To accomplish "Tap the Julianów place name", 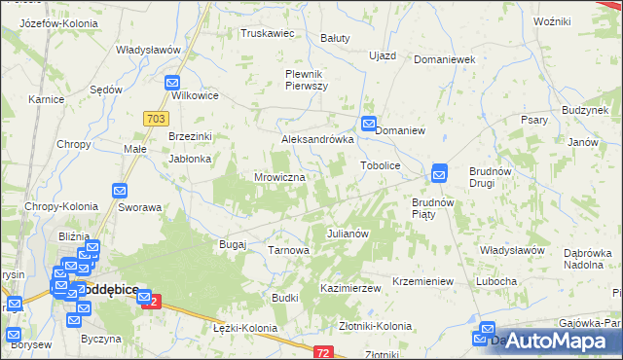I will (347, 234).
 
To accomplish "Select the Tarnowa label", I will (288, 250).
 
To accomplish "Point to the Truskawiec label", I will (268, 32).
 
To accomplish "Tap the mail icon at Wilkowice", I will (173, 84).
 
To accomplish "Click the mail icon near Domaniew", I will (369, 124).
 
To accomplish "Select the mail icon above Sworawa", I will (120, 192).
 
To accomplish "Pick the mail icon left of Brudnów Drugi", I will (439, 172).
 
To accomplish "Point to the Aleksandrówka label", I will (316, 139).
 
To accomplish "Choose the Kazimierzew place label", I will (349, 289).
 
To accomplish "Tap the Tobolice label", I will (382, 166).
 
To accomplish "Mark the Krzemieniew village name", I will (423, 281).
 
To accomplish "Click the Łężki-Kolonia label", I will (244, 328).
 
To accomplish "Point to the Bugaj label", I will (233, 243).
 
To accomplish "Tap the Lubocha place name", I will (495, 281).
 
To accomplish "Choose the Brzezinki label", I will (190, 137).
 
